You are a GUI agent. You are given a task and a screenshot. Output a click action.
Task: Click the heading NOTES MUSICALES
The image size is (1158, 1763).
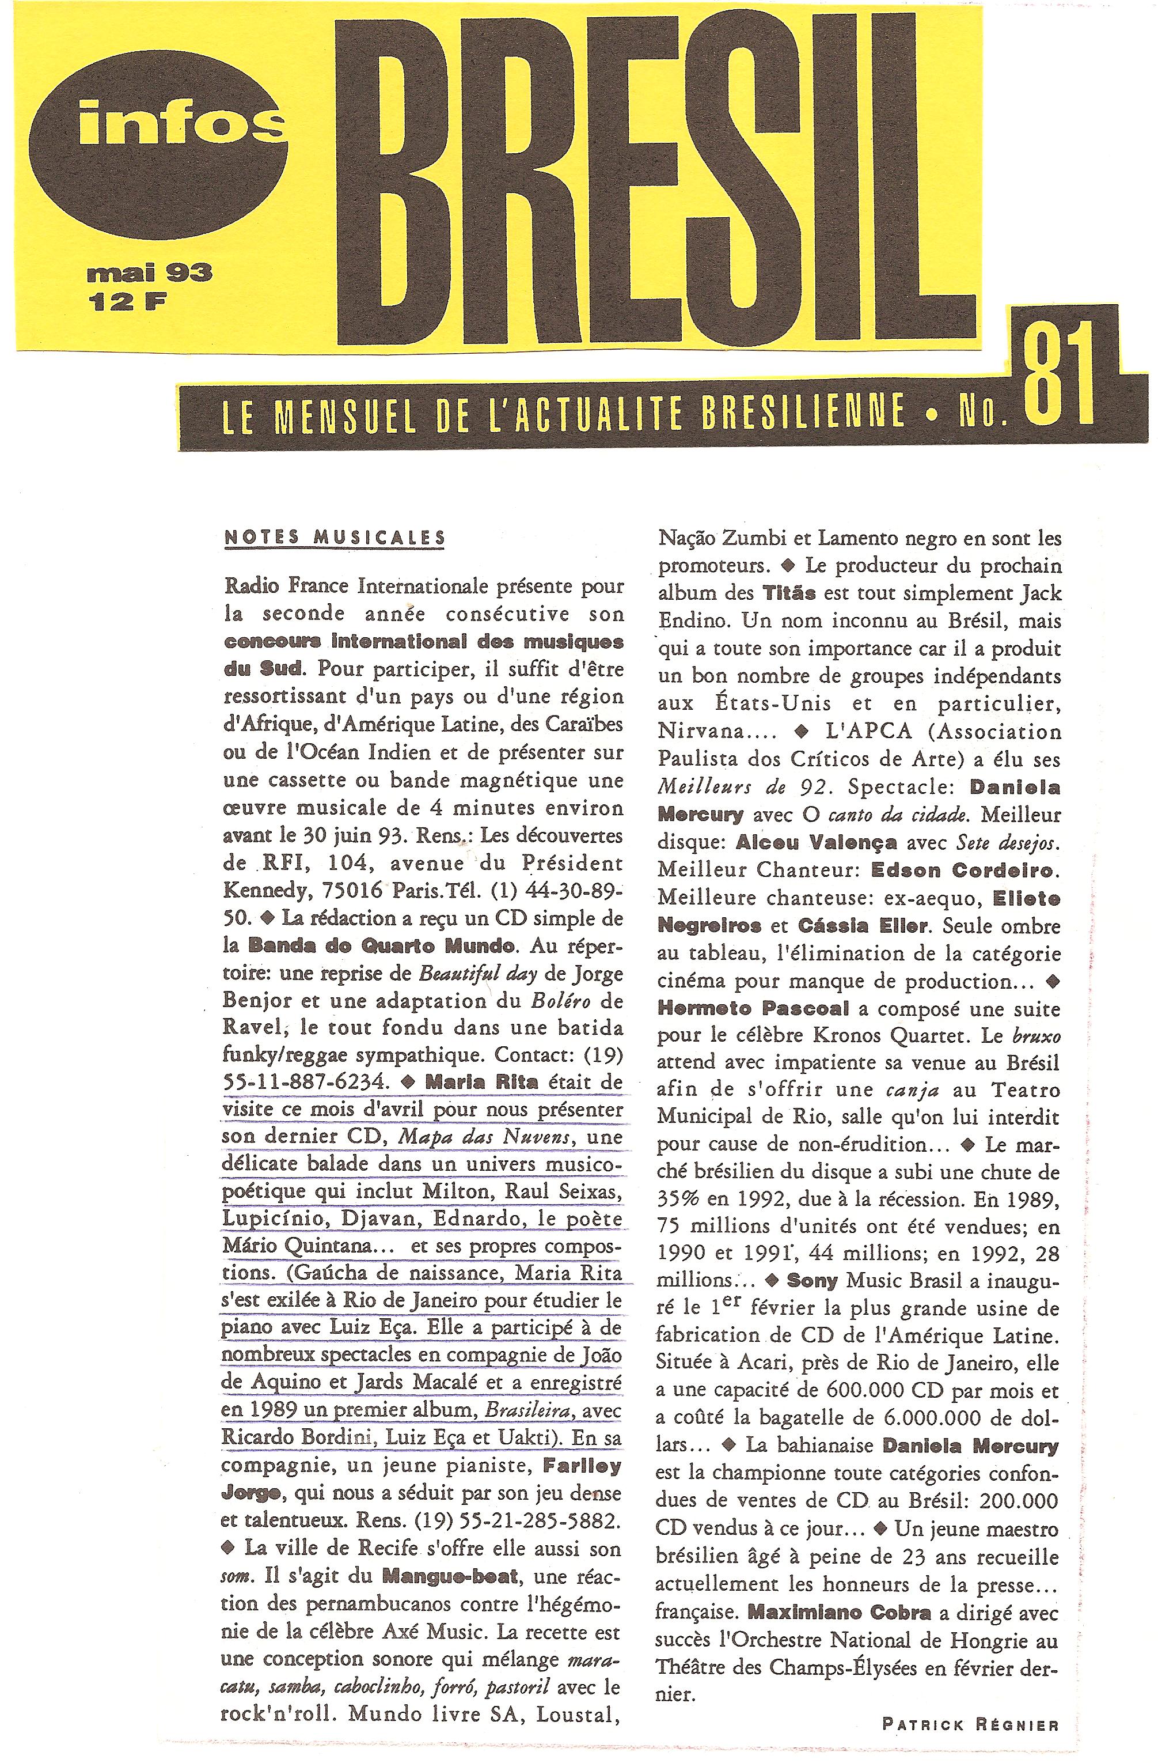pos(335,536)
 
